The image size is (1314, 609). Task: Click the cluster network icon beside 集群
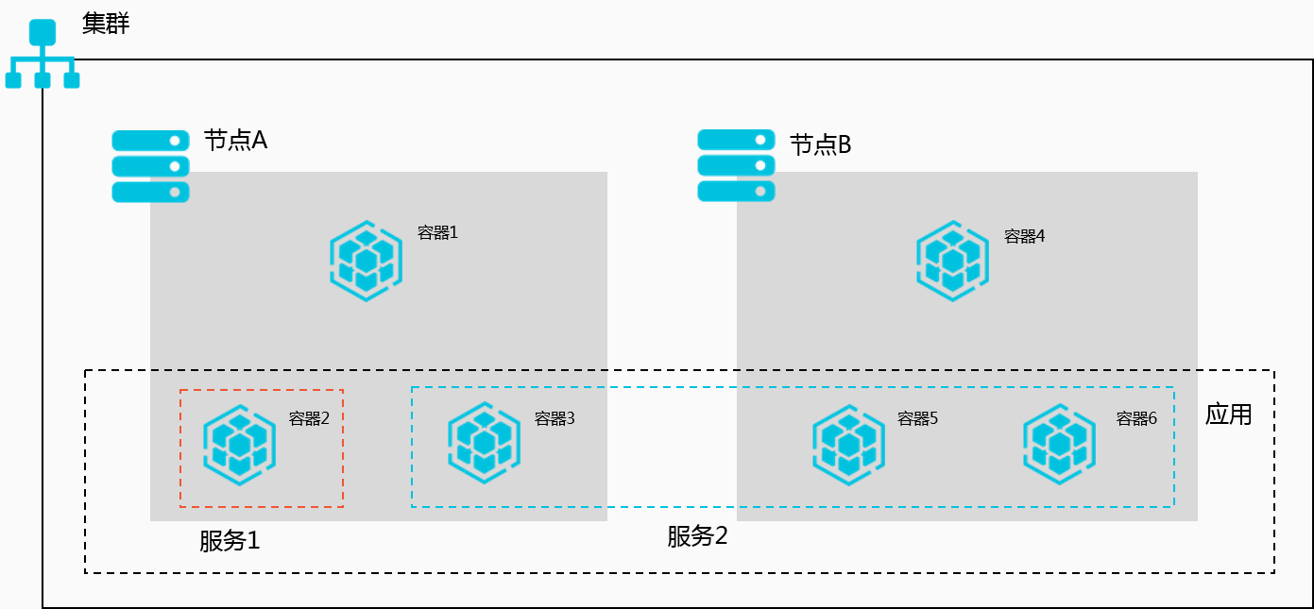pos(43,54)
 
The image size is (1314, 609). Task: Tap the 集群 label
pos(106,24)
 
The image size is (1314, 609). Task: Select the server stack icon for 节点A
pos(151,166)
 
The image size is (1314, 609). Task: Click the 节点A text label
pos(236,141)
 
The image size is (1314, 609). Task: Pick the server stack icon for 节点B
pos(736,165)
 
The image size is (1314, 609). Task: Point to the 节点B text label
pos(821,144)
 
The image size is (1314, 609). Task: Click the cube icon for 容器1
pos(366,261)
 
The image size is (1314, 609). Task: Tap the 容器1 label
pos(437,232)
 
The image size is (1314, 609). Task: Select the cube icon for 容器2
pos(239,445)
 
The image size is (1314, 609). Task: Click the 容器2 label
pos(309,418)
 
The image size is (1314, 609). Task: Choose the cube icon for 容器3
pos(484,443)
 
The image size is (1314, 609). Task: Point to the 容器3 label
pos(555,418)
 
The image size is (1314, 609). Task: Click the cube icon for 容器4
pos(952,261)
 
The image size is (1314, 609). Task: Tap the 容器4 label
pos(1024,236)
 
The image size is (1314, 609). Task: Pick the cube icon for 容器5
pos(849,445)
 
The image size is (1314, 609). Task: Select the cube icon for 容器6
pos(1059,444)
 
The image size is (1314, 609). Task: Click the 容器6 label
pos(1136,418)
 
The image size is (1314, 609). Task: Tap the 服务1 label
pos(230,540)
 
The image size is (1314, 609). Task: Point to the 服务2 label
pos(697,535)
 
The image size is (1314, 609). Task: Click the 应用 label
pos(1228,414)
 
